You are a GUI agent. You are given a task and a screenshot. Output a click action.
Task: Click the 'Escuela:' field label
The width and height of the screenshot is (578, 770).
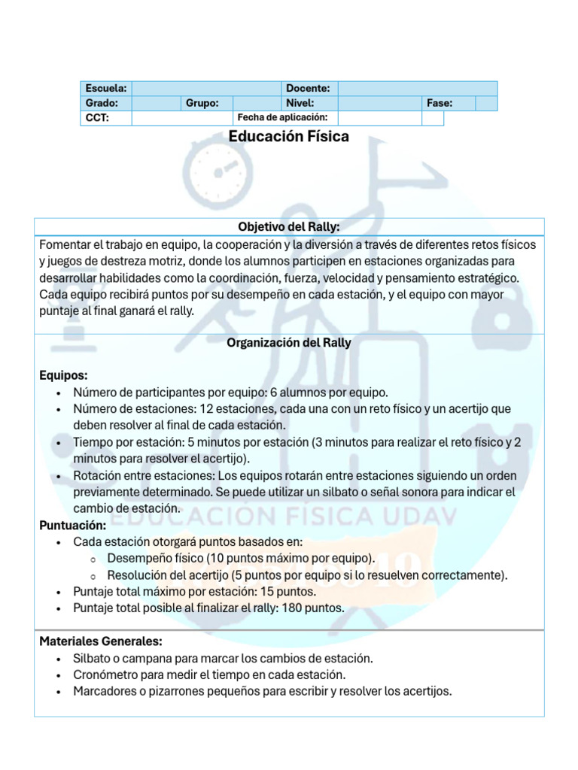pyautogui.click(x=105, y=89)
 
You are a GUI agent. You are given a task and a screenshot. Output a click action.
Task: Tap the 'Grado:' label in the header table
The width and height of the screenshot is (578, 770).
pyautogui.click(x=102, y=103)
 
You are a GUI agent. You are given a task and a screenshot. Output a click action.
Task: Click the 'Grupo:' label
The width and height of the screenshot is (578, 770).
pyautogui.click(x=202, y=103)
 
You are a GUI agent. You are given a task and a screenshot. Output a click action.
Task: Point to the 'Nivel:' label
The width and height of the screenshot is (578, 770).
pyautogui.click(x=300, y=103)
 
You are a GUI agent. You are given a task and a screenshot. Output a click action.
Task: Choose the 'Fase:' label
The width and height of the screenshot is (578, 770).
pyautogui.click(x=440, y=103)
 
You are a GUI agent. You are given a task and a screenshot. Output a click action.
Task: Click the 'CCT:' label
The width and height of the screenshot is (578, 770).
pyautogui.click(x=97, y=118)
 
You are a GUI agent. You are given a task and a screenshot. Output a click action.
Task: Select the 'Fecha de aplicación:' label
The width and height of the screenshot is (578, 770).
pyautogui.click(x=282, y=117)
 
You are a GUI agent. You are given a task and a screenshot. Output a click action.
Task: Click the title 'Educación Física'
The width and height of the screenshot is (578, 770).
pyautogui.click(x=289, y=137)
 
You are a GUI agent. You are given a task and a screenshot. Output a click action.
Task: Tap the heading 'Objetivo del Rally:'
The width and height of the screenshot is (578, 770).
pyautogui.click(x=289, y=226)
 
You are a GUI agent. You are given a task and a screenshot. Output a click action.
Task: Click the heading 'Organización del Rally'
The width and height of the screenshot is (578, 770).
pyautogui.click(x=289, y=343)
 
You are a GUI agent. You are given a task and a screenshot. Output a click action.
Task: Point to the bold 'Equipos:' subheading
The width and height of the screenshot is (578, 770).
pyautogui.click(x=63, y=375)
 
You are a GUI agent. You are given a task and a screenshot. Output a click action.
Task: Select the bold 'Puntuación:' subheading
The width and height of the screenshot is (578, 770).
pyautogui.click(x=72, y=526)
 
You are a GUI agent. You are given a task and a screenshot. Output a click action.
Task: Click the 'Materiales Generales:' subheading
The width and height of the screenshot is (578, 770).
pyautogui.click(x=100, y=641)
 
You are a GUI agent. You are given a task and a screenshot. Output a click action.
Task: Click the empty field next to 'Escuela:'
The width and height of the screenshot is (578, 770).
pyautogui.click(x=207, y=89)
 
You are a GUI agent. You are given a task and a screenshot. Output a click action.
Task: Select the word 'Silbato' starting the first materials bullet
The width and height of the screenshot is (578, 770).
pyautogui.click(x=92, y=658)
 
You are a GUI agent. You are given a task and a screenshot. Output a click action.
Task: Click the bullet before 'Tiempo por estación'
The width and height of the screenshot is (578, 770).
pyautogui.click(x=59, y=442)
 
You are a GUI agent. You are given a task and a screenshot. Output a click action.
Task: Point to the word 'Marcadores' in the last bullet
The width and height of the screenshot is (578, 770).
pyautogui.click(x=105, y=691)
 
